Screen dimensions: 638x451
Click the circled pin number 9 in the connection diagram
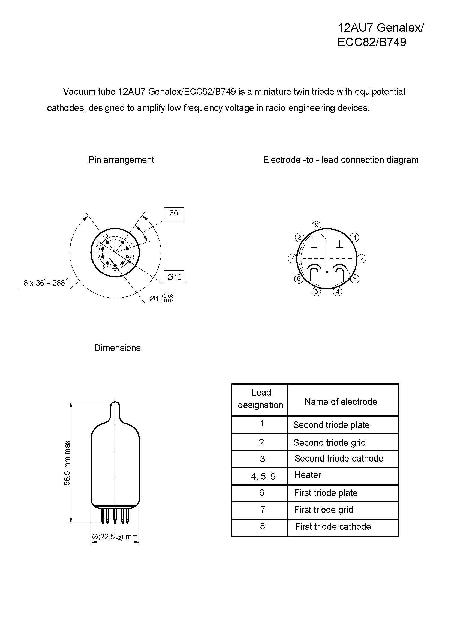(316, 225)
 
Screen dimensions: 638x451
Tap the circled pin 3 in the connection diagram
(355, 279)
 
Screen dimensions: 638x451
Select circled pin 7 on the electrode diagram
(292, 258)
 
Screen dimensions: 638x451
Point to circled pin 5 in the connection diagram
(316, 292)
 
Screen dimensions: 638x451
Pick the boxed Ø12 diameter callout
(174, 277)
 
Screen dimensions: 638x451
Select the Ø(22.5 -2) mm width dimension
(115, 537)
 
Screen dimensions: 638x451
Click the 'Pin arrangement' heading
(121, 160)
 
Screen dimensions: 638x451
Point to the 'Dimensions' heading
(117, 348)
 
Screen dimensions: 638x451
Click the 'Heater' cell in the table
(308, 475)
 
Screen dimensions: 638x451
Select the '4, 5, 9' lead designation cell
(263, 477)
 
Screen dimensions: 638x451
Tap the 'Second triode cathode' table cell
(339, 458)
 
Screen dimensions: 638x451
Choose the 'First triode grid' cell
(324, 510)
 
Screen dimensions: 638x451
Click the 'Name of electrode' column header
(341, 402)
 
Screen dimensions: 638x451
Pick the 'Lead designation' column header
(261, 399)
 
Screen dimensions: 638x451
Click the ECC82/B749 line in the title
(372, 42)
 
